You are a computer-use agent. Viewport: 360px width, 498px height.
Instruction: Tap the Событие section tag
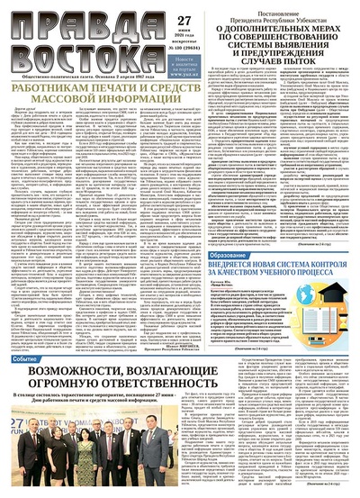pyautogui.click(x=25, y=358)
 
